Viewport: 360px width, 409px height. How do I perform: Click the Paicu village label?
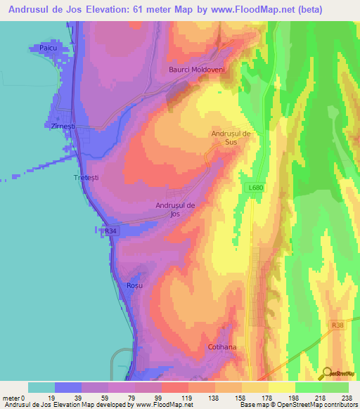[x=48, y=48]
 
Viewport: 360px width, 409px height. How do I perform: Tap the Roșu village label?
[x=134, y=286]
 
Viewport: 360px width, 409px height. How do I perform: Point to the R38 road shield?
[x=339, y=325]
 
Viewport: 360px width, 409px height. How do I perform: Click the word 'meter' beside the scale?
[x=11, y=398]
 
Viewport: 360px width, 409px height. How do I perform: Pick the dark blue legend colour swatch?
[x=68, y=387]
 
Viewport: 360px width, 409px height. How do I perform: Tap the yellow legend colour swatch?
[x=281, y=387]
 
